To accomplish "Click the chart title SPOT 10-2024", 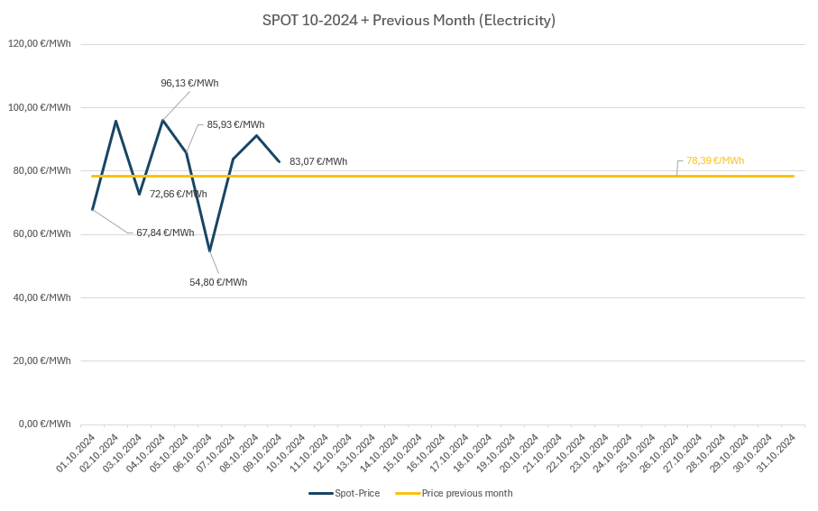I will (x=409, y=20).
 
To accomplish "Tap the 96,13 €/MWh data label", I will (x=189, y=83).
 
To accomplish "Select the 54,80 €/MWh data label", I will (x=218, y=282).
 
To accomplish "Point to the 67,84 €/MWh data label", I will (x=165, y=233).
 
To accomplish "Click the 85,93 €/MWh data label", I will (x=235, y=124).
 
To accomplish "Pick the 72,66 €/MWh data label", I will (x=178, y=194).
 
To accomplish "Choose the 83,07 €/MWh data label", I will (x=318, y=161).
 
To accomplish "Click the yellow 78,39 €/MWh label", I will (x=715, y=160).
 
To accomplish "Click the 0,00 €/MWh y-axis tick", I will (x=44, y=424).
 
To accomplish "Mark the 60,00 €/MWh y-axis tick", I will (x=41, y=234).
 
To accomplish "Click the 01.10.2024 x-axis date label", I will (x=77, y=452).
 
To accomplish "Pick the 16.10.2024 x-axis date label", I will (x=427, y=452).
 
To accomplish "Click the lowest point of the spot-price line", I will (x=209, y=251).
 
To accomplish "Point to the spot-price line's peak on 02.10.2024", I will (x=115, y=121).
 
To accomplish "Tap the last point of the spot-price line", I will (x=280, y=161).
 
